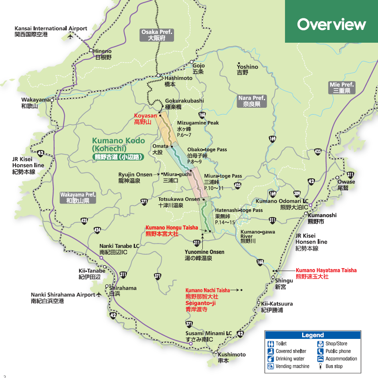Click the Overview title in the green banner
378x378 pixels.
pyautogui.click(x=331, y=24)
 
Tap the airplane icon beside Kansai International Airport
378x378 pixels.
pyautogui.click(x=71, y=36)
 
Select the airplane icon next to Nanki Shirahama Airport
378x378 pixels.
pyautogui.click(x=99, y=295)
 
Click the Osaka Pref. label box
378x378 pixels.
pyautogui.click(x=157, y=35)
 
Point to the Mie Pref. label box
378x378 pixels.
pyautogui.click(x=342, y=88)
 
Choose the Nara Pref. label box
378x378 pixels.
pyautogui.click(x=251, y=101)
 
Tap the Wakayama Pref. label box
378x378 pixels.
pyautogui.click(x=78, y=198)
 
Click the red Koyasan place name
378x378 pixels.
pyautogui.click(x=145, y=115)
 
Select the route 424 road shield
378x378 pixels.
pyautogui.click(x=97, y=230)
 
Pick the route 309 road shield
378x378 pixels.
pyautogui.click(x=297, y=194)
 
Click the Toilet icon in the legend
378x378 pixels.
pyautogui.click(x=271, y=344)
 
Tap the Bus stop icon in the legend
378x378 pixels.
pyautogui.click(x=320, y=366)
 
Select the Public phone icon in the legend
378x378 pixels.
pyautogui.click(x=320, y=351)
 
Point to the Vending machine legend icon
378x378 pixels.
pyautogui.click(x=271, y=366)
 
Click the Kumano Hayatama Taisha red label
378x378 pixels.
pyautogui.click(x=326, y=270)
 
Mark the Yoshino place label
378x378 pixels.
pyautogui.click(x=247, y=67)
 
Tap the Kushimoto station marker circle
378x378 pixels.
pyautogui.click(x=216, y=352)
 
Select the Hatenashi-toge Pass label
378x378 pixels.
pyautogui.click(x=239, y=210)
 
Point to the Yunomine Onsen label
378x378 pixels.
pyautogui.click(x=204, y=252)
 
